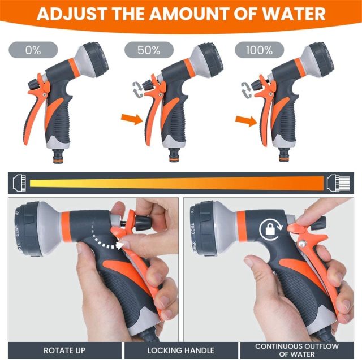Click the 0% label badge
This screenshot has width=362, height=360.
33,50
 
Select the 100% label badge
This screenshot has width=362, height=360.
260,50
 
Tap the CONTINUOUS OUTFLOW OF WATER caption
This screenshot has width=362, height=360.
296,350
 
